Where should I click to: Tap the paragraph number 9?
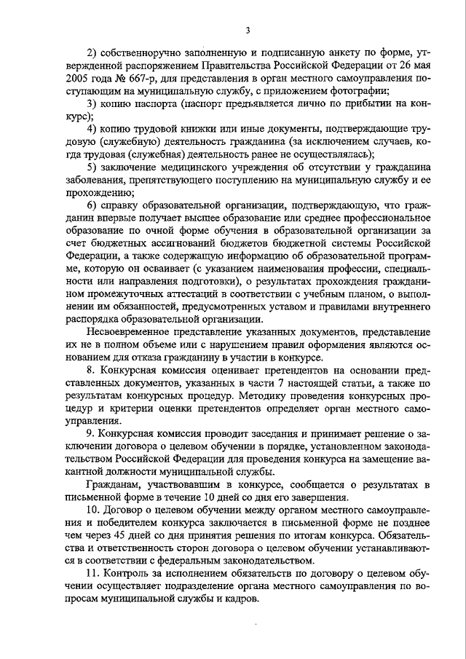[90, 435]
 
